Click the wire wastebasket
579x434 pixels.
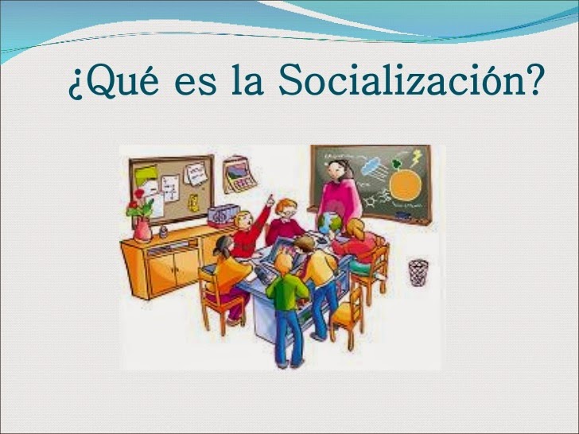pos(418,272)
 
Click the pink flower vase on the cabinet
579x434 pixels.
pos(143,229)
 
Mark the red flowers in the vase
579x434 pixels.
pos(140,207)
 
